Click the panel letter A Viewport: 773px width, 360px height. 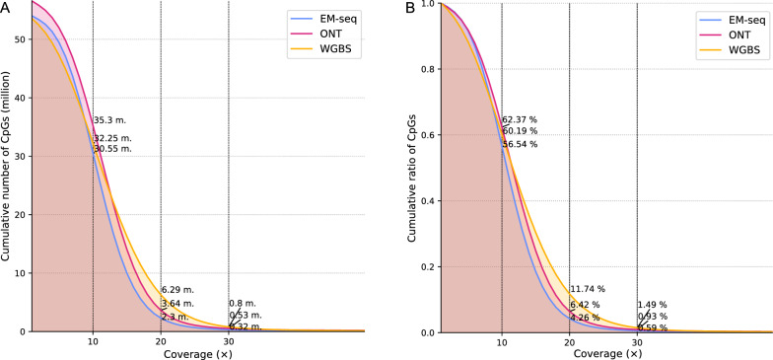6,7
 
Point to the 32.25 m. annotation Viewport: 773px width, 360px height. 112,138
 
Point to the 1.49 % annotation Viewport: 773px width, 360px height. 653,305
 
